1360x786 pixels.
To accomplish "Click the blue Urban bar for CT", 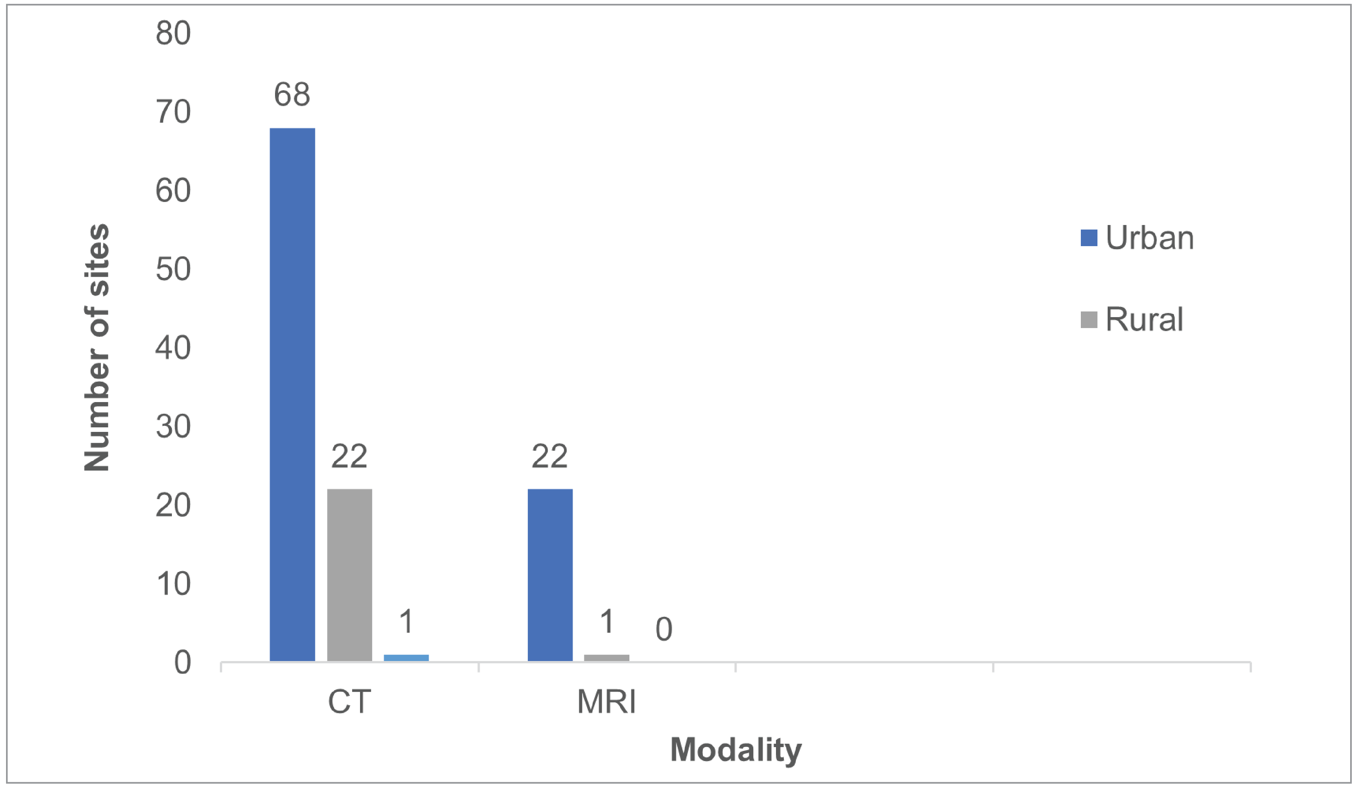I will point(292,394).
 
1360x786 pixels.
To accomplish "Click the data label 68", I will point(292,95).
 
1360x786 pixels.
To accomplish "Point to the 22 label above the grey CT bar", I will point(349,456).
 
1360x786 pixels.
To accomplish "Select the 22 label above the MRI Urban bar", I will point(549,456).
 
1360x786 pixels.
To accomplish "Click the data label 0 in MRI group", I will point(663,629).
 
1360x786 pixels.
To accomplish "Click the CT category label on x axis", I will point(349,702).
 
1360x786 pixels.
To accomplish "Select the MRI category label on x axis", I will point(606,702).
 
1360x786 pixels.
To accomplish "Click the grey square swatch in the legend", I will point(1088,319).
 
